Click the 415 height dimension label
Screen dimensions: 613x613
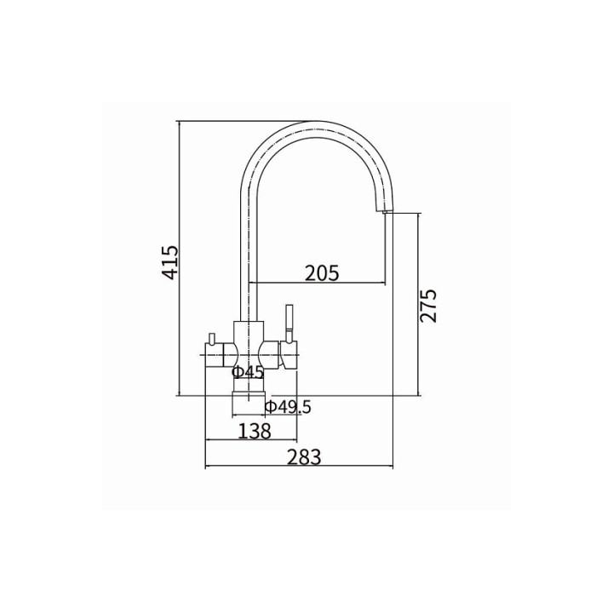170,262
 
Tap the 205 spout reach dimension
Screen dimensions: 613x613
322,273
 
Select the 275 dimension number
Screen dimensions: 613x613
427,306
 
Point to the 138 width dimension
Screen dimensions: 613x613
254,431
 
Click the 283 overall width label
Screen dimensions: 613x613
304,457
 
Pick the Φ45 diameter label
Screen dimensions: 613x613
248,372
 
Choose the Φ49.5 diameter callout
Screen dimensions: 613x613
288,407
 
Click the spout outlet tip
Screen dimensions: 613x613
384,211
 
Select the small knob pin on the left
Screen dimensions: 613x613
212,338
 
